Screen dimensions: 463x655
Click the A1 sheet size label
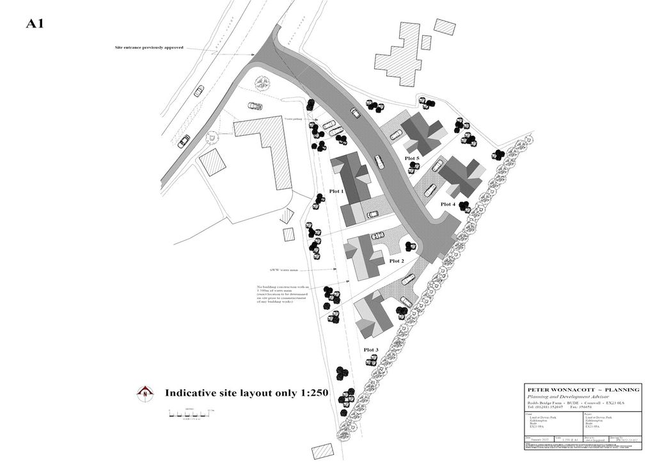(35, 24)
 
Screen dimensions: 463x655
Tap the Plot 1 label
(336, 191)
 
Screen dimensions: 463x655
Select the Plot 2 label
(397, 261)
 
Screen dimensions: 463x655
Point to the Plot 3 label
(371, 350)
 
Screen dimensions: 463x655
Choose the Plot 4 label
(448, 204)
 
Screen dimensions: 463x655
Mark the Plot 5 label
(412, 158)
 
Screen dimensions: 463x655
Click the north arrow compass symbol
(146, 393)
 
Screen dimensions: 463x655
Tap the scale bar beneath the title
(191, 416)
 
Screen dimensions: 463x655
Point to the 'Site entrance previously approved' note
(150, 47)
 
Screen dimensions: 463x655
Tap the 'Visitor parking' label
(295, 119)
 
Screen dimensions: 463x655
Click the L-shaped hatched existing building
(269, 150)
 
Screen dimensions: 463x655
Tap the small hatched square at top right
(445, 27)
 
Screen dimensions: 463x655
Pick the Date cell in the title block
(539, 440)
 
